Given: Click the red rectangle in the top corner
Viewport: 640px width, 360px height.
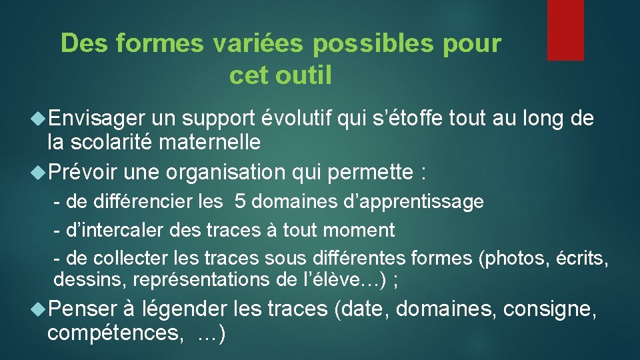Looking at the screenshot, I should [565, 30].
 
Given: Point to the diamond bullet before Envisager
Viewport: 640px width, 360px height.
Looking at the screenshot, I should [39, 119].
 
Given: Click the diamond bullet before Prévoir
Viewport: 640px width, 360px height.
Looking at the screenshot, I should [39, 172].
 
